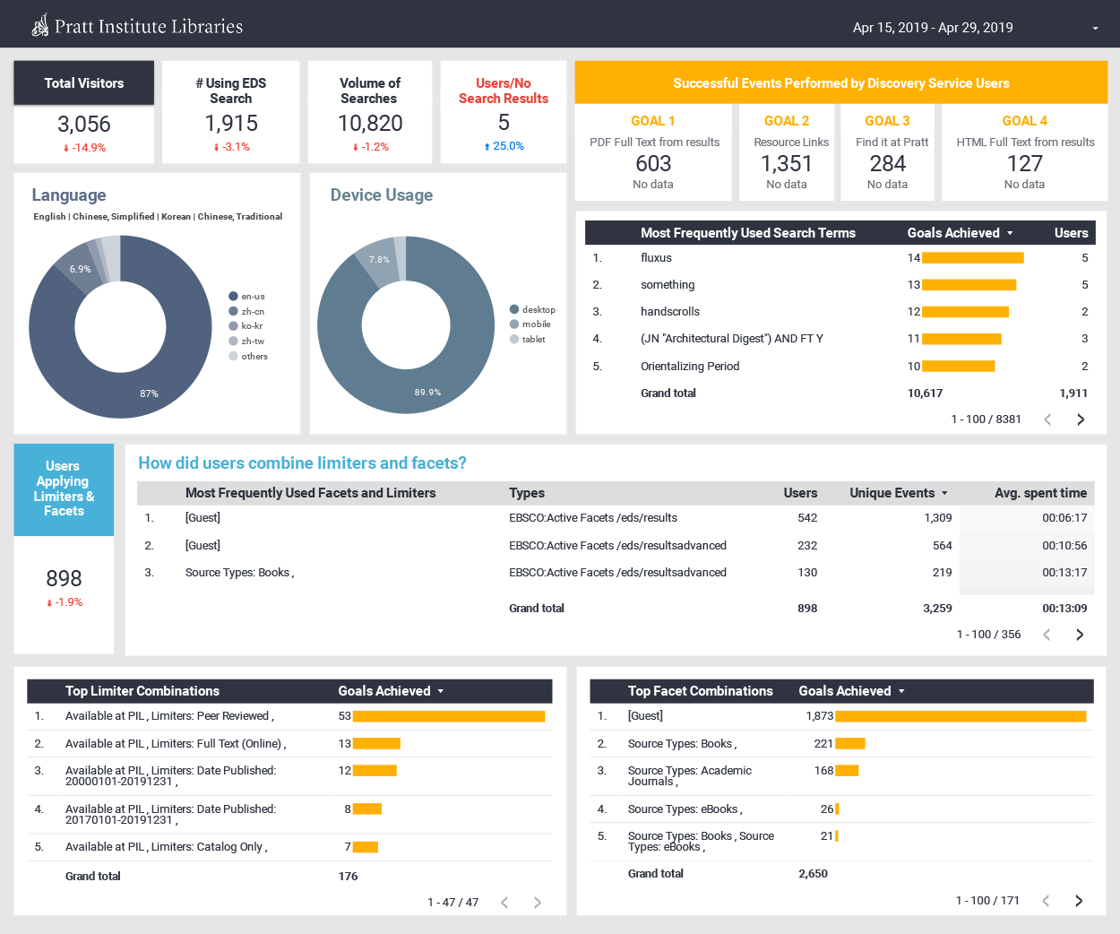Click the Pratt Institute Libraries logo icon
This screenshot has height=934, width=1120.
tap(40, 26)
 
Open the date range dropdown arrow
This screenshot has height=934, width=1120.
tap(1095, 29)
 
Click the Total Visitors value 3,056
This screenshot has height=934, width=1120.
tap(84, 124)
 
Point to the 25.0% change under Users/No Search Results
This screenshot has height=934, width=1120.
tap(504, 146)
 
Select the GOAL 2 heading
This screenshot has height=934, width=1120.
tap(786, 121)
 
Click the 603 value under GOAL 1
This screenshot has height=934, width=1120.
tap(653, 163)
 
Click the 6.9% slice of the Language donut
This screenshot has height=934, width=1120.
tap(79, 269)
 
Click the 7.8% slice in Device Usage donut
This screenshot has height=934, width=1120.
tap(378, 260)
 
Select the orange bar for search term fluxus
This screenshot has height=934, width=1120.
tap(972, 258)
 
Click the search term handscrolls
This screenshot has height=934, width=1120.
tap(669, 312)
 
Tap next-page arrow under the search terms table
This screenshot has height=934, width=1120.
tap(1081, 419)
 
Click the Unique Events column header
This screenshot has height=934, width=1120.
tap(892, 493)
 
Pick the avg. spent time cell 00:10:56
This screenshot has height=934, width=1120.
tap(1064, 546)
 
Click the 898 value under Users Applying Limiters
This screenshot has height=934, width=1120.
tap(64, 578)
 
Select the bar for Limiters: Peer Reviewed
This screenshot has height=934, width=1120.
tap(448, 716)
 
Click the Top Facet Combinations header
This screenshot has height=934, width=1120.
tap(700, 691)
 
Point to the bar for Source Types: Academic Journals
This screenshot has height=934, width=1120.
tap(847, 771)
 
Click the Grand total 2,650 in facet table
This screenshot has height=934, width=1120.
tap(813, 874)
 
